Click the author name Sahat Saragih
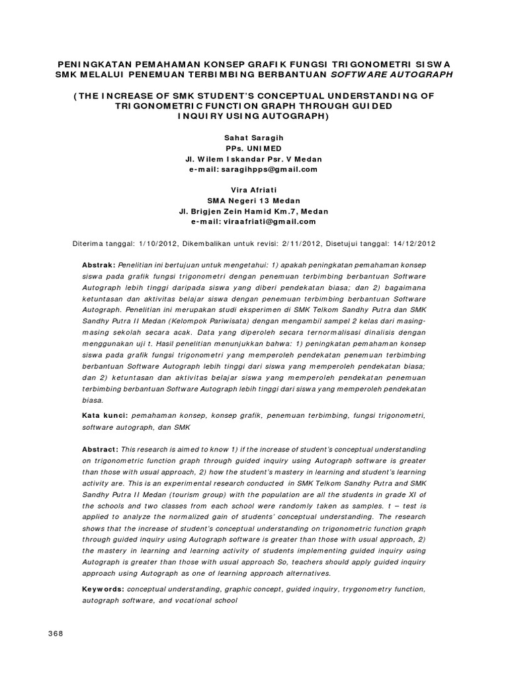[x=254, y=138]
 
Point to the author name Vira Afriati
[x=254, y=190]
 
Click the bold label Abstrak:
[x=99, y=264]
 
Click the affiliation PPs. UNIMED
[x=254, y=148]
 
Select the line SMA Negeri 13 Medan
[x=254, y=201]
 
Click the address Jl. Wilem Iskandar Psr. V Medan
[x=254, y=159]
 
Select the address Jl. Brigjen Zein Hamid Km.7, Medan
[x=254, y=212]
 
